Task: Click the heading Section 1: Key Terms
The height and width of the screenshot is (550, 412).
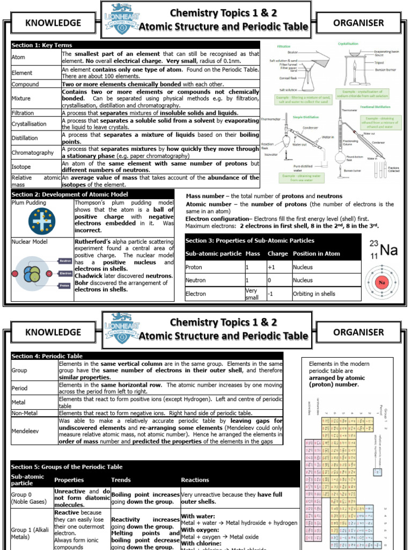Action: point(42,45)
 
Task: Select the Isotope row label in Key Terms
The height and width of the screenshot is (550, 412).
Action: point(21,167)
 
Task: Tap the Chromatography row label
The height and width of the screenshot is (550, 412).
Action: point(33,153)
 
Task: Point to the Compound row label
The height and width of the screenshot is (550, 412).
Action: point(25,84)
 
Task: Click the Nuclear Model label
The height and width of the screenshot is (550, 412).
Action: point(30,242)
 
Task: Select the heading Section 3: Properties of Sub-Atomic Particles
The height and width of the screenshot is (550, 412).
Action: point(249,241)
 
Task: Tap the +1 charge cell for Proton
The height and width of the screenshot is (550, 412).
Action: point(271,267)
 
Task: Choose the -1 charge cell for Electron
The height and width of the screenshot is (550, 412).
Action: point(271,294)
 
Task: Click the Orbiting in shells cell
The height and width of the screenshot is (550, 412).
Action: point(314,294)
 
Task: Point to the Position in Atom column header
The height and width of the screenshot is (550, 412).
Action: point(317,254)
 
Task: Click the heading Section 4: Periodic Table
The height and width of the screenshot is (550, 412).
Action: point(47,356)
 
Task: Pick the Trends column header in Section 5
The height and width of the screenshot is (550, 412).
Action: point(121,480)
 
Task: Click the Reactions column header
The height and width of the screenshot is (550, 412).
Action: point(195,480)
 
